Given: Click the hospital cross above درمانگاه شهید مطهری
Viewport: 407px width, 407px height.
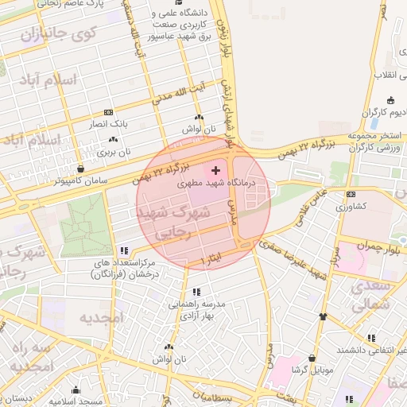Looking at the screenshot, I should [x=215, y=170].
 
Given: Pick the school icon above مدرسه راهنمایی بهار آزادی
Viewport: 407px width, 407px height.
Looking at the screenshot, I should [x=196, y=292].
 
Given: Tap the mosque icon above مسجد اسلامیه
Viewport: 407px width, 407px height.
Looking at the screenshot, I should [x=76, y=390].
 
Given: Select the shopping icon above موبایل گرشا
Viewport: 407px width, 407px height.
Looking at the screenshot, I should [x=312, y=358].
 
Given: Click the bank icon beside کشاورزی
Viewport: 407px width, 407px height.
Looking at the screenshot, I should [x=351, y=194].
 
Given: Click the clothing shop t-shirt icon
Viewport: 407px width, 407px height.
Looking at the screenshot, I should [x=323, y=316].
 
